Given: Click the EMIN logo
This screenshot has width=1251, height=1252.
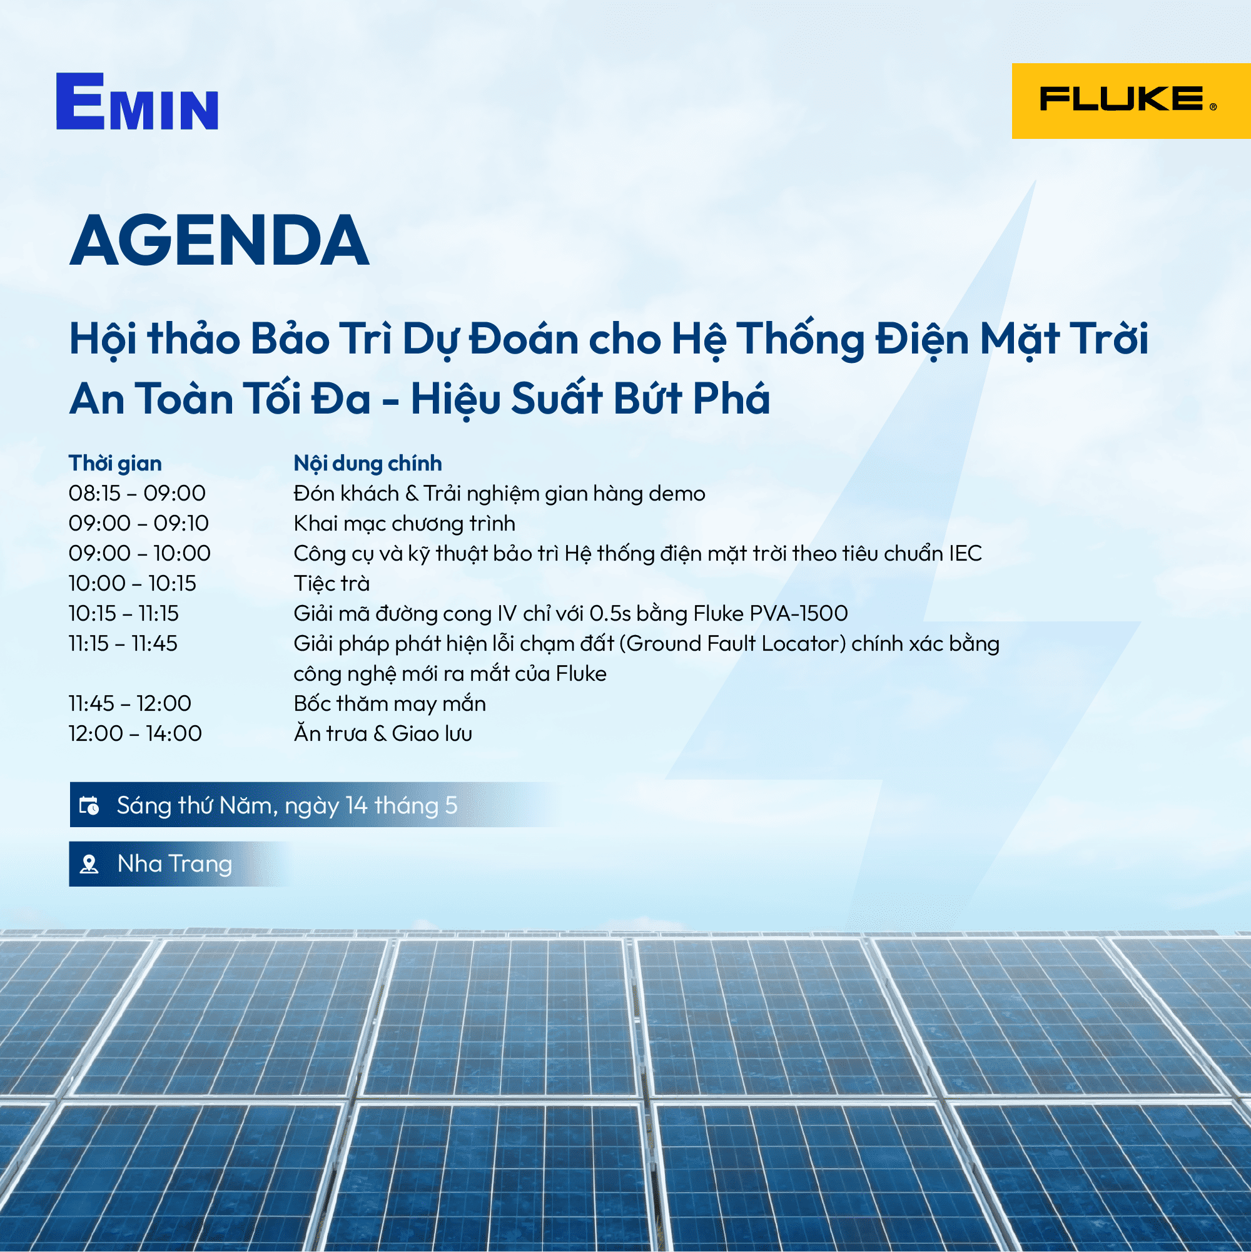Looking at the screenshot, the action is tap(137, 101).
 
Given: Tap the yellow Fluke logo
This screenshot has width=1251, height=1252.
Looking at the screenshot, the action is tap(1131, 101).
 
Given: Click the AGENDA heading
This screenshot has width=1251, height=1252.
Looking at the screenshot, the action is tap(219, 240).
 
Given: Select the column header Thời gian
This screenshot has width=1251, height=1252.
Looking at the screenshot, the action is tap(115, 464).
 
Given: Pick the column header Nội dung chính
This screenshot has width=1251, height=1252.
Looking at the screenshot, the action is tap(367, 464).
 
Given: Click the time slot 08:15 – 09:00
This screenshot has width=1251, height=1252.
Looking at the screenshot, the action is tap(138, 493).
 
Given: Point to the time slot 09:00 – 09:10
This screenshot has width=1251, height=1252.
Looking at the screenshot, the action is tap(139, 523).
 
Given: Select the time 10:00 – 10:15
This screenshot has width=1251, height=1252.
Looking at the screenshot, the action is tap(132, 583).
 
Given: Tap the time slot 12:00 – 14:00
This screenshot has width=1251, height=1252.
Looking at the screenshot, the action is tap(135, 733).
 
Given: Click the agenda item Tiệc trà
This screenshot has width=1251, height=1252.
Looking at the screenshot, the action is tap(332, 583).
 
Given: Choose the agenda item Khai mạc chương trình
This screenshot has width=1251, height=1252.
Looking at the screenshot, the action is tap(404, 524).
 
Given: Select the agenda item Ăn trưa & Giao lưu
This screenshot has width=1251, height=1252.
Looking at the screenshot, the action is tap(383, 733).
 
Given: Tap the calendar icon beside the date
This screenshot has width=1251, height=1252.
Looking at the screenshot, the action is tap(89, 805).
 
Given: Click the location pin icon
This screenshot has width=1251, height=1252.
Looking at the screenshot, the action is tap(89, 864).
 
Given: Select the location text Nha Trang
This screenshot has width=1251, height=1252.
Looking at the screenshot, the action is tap(175, 864).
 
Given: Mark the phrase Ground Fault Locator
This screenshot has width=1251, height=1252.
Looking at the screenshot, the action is tap(736, 643).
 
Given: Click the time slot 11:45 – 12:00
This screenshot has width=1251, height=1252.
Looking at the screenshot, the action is tap(130, 703).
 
